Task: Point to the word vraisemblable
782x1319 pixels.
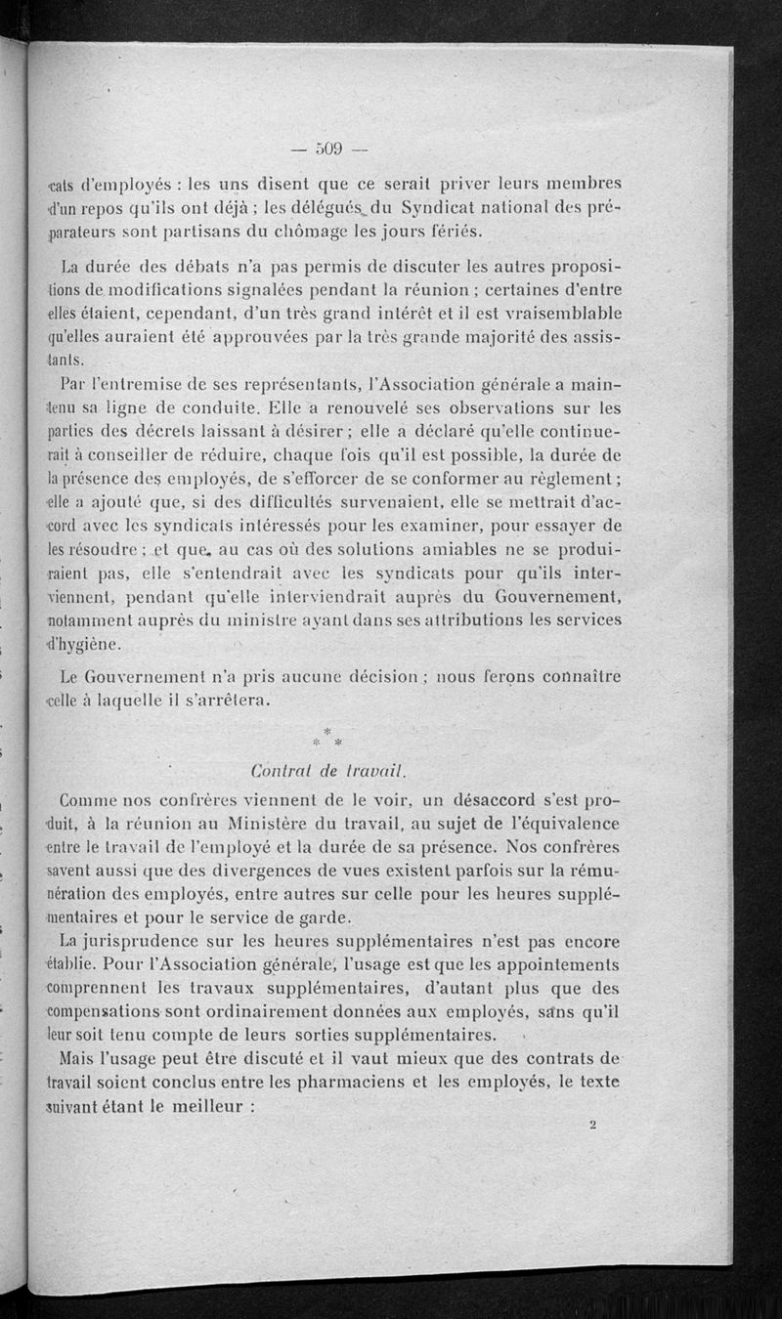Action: [557, 315]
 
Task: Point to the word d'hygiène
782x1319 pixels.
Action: [86, 645]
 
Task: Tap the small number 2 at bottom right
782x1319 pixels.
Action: [592, 1124]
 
